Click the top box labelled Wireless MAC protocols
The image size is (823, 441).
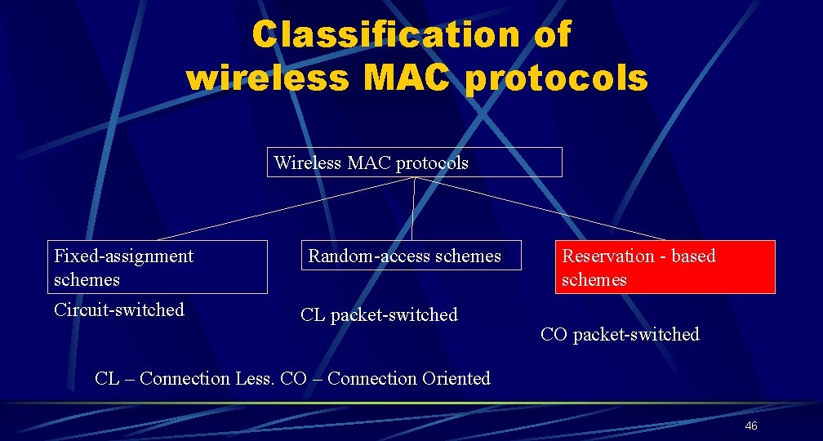click(415, 163)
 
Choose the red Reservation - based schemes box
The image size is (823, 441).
click(666, 267)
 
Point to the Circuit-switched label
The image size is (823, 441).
click(119, 310)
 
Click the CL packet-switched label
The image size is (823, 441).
click(379, 314)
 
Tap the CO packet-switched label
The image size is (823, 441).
click(620, 334)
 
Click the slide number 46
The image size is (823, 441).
click(751, 426)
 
